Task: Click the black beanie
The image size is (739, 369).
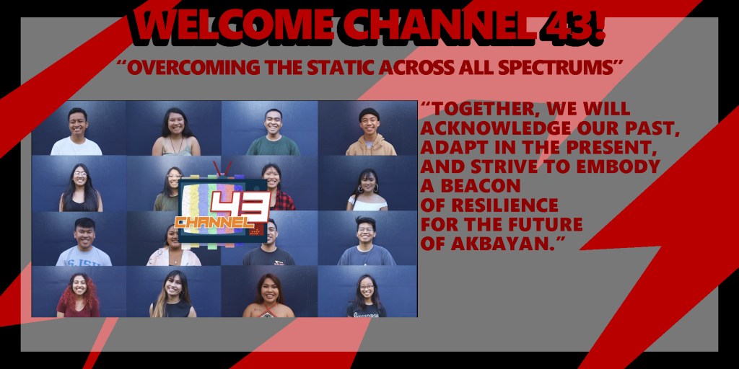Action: click(369, 114)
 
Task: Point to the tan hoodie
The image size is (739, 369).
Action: click(370, 146)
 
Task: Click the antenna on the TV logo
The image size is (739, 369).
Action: click(222, 169)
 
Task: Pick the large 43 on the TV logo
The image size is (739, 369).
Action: click(240, 206)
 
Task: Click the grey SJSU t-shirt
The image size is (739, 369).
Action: click(84, 257)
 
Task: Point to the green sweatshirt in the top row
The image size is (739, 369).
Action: click(273, 146)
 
